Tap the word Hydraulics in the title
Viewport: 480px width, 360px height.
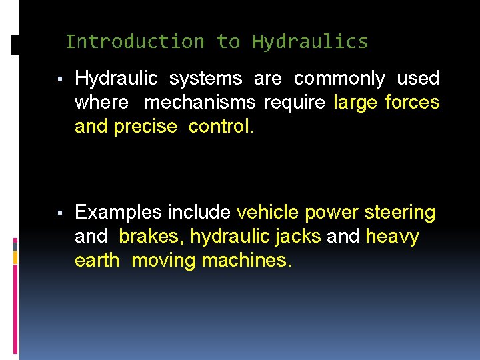(310, 41)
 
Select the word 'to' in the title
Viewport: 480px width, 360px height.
(228, 41)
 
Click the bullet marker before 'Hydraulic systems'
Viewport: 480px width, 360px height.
(60, 80)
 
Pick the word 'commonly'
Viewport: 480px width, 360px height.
(339, 79)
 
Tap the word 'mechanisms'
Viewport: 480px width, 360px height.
(199, 103)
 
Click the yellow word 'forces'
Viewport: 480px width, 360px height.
(412, 103)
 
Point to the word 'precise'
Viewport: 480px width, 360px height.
(145, 127)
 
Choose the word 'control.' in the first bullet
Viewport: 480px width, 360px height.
(221, 127)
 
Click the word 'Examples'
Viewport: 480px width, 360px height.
(118, 213)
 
